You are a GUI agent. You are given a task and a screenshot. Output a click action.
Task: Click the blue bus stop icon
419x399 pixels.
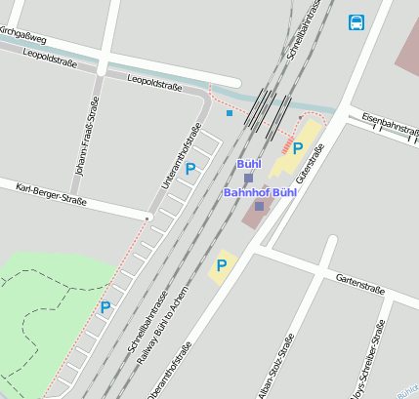coord(356,21)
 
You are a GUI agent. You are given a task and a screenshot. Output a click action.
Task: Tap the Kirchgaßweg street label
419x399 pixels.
coord(21,35)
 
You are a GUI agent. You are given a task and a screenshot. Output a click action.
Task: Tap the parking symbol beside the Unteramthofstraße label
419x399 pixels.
coord(190,169)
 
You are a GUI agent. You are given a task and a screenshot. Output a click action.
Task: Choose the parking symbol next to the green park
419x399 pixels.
coord(105,307)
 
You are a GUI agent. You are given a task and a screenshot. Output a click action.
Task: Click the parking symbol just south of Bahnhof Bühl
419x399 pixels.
coord(222,264)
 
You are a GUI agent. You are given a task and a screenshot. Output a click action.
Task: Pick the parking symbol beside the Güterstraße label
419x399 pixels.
coord(298,148)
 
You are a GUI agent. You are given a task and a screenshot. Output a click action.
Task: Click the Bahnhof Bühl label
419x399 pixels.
coord(260,192)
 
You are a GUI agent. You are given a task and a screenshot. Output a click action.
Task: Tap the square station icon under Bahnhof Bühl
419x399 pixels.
coord(259,206)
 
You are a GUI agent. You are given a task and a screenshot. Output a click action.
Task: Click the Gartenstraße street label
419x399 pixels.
coord(358,284)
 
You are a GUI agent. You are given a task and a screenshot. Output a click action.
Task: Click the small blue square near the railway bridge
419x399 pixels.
coord(230,113)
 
